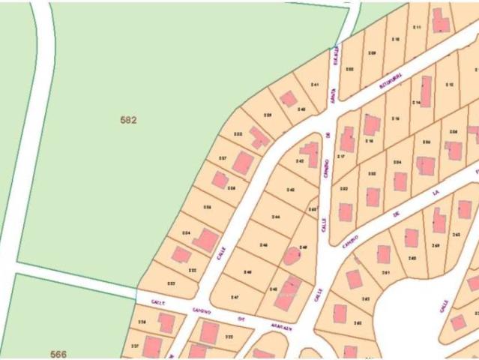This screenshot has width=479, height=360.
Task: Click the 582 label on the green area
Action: click(x=128, y=119)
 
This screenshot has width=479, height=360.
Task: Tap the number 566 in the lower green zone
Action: click(x=58, y=353)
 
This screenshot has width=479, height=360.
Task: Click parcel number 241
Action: click(x=315, y=85)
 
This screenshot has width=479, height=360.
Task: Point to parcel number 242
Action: click(x=301, y=161)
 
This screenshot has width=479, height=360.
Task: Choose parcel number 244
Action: click(x=276, y=217)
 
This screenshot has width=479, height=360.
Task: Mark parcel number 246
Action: click(x=263, y=245)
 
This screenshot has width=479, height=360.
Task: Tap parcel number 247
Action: click(x=235, y=298)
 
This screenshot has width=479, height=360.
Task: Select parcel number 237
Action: click(x=223, y=158)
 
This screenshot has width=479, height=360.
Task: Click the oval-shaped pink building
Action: click(x=292, y=256)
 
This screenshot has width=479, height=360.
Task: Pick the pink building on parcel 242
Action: click(x=310, y=154)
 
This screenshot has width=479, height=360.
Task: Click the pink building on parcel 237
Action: click(x=242, y=162)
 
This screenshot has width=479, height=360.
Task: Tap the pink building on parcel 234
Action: click(x=205, y=241)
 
